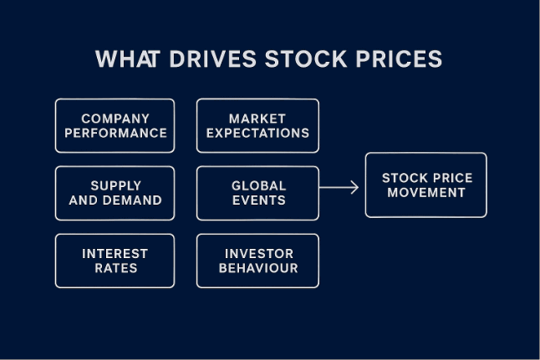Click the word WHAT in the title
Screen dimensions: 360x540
point(122,59)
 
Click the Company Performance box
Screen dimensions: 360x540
point(115,125)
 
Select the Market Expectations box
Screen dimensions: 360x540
point(257,125)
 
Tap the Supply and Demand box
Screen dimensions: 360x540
point(115,193)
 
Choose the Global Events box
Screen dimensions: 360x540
point(257,193)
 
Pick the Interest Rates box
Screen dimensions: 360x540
point(115,261)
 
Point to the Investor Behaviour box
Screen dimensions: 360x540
point(257,261)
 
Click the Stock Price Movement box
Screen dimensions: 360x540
point(425,185)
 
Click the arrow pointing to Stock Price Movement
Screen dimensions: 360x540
point(339,187)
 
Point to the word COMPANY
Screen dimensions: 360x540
point(115,119)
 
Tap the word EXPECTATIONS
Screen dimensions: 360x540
point(257,133)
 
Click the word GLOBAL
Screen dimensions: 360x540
point(258,185)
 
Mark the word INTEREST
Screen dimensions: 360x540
point(115,253)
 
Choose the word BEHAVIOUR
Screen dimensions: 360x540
point(258,268)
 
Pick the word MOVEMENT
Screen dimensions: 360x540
point(426,192)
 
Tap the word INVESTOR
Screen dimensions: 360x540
point(258,253)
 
